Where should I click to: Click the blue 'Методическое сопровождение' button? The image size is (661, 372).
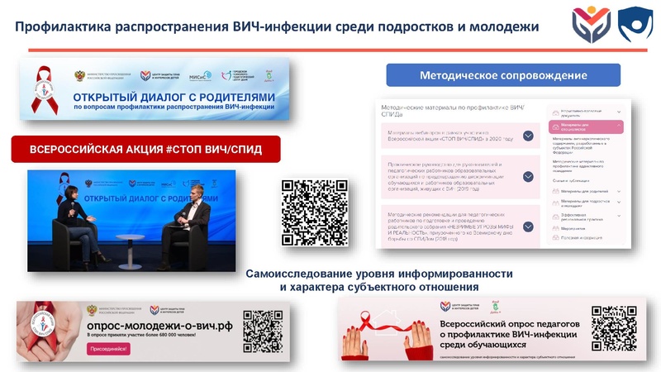[503, 75]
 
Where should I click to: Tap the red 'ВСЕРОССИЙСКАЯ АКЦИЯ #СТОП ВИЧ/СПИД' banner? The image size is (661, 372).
[146, 150]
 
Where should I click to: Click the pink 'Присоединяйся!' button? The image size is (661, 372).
[108, 350]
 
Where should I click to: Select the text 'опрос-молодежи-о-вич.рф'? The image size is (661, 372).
[158, 326]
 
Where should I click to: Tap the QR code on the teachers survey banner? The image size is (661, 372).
[614, 328]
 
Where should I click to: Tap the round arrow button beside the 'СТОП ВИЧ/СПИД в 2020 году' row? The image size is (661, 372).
[527, 136]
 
